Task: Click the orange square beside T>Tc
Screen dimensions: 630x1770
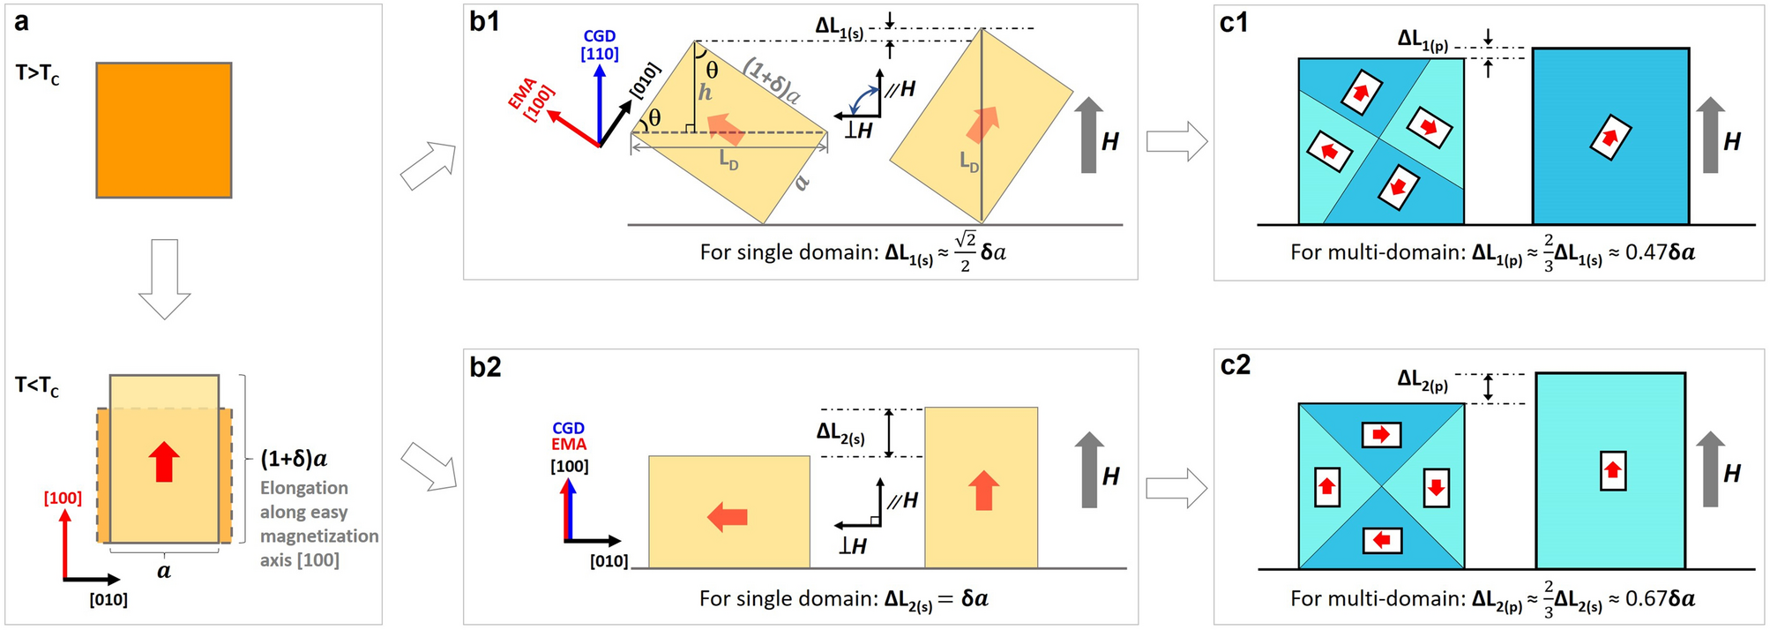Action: coord(164,130)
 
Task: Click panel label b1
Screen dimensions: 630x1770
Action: coord(485,21)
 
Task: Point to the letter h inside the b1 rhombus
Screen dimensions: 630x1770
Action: coord(705,92)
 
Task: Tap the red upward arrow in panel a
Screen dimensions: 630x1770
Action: coord(164,461)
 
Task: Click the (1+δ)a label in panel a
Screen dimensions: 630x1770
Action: coord(294,459)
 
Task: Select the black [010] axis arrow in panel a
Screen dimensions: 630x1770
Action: coord(93,580)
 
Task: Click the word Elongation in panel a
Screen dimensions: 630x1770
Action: coord(303,488)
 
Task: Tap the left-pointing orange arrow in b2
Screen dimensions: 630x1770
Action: coord(728,516)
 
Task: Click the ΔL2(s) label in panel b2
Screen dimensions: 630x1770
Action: coord(840,433)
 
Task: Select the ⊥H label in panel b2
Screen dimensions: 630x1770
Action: coord(853,547)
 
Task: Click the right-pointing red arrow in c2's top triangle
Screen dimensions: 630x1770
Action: coord(1381,435)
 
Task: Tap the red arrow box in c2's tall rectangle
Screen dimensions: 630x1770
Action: coord(1613,470)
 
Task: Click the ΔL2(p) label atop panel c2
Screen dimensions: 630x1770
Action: coord(1423,380)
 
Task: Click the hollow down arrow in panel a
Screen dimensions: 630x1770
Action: coord(165,279)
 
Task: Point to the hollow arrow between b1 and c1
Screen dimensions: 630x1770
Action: coord(1176,141)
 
